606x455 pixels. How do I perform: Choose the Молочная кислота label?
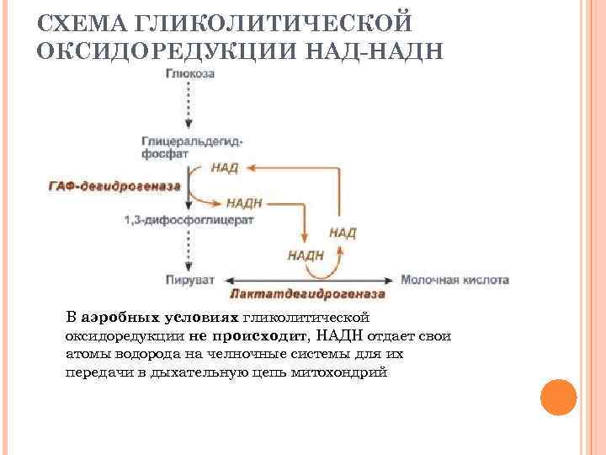tap(455, 279)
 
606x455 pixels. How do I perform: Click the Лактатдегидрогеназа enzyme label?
tap(307, 295)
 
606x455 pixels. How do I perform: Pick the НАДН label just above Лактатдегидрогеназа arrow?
tap(306, 254)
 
